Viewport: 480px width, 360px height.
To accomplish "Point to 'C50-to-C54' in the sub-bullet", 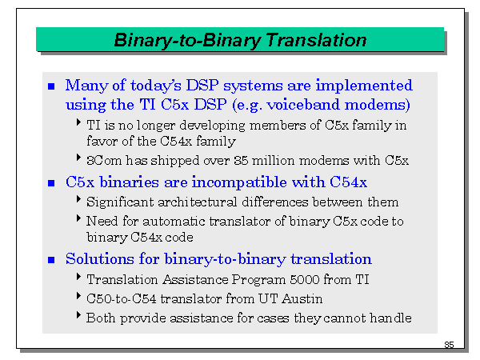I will [x=118, y=298].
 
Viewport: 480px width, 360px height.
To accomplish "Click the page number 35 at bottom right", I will [x=449, y=344].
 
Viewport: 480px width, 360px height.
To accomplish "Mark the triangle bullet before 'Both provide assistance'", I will [x=78, y=317].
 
